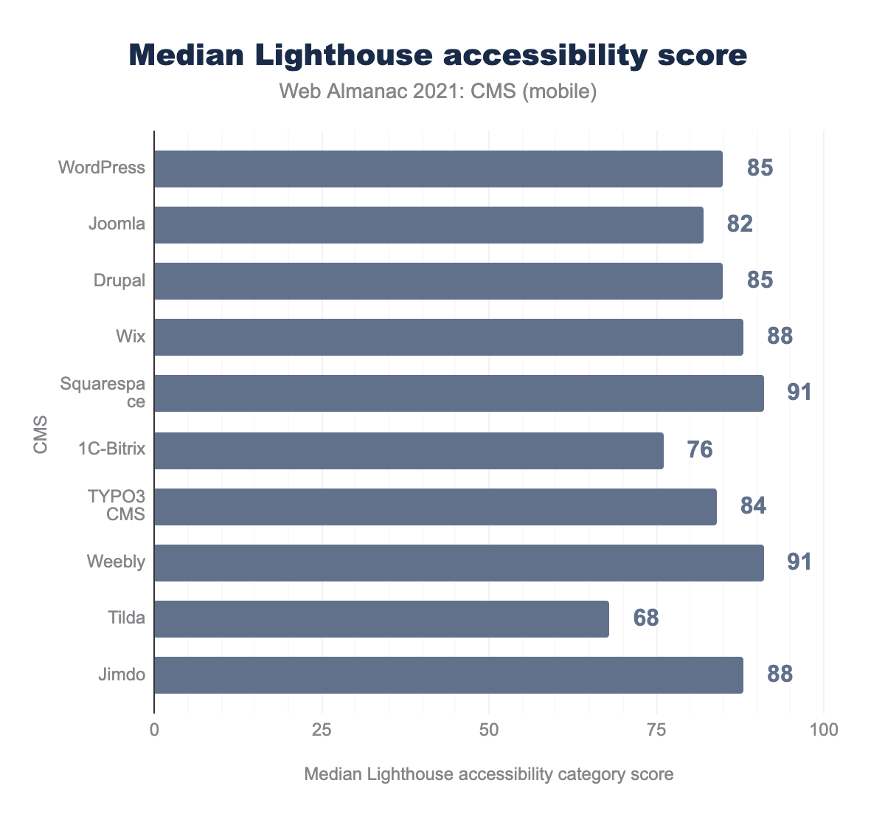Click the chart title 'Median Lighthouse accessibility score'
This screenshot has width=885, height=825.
click(438, 56)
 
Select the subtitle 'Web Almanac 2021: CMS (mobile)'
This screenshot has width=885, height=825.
click(438, 92)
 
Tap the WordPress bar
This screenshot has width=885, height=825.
click(438, 169)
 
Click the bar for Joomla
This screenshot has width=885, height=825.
click(428, 225)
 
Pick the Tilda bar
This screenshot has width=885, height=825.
click(381, 618)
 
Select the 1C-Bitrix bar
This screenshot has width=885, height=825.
click(409, 450)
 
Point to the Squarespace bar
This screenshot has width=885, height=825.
click(459, 393)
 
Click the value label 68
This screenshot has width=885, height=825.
click(646, 618)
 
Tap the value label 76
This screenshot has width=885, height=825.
click(700, 450)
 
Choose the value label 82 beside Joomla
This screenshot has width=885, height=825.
click(740, 224)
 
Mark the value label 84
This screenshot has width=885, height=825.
click(753, 506)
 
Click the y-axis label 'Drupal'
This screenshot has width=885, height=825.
click(119, 281)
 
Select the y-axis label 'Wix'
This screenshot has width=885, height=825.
click(131, 337)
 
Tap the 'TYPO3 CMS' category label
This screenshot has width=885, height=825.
click(117, 506)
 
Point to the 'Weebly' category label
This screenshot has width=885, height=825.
click(116, 562)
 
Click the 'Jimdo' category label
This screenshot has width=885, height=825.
click(122, 674)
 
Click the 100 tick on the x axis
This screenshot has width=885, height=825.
click(824, 730)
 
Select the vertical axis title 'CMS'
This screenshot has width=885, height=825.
click(41, 435)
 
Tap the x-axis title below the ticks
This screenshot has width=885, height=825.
click(488, 775)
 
